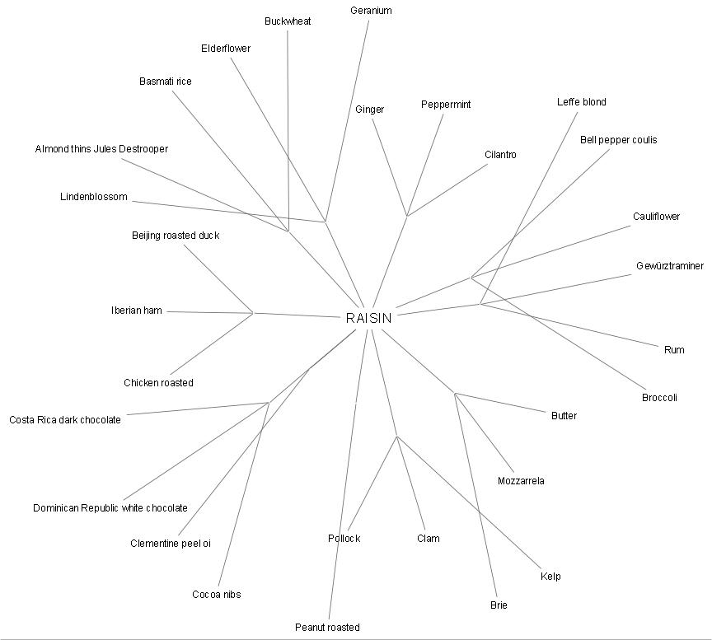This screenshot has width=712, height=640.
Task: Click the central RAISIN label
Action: [x=368, y=318]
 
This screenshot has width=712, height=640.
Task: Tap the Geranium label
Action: [x=371, y=11]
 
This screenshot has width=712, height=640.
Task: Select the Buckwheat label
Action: [x=288, y=21]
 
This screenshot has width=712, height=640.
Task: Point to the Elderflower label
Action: [x=226, y=49]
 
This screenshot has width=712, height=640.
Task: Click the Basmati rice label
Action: [x=165, y=82]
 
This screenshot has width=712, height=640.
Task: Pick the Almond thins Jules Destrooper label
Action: [x=101, y=149]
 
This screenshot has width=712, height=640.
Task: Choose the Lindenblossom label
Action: [x=94, y=197]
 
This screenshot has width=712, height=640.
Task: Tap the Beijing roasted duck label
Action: [x=176, y=236]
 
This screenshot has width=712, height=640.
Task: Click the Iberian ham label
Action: [x=137, y=311]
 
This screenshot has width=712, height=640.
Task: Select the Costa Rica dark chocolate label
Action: [x=65, y=420]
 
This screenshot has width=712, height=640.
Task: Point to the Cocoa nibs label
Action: [x=216, y=595]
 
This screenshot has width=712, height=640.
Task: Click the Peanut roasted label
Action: [x=327, y=628]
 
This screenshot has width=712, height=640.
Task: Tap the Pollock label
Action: [x=344, y=539]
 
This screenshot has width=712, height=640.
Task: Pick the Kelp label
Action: [x=550, y=577]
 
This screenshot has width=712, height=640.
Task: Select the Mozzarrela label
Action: [x=521, y=481]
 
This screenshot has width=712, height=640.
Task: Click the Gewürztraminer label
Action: [x=670, y=266]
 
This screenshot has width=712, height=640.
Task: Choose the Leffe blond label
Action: [x=581, y=102]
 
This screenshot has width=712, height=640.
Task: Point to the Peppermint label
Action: [x=446, y=105]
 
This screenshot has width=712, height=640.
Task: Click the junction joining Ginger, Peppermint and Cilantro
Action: [x=407, y=216]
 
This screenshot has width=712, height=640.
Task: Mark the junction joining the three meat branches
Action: [x=253, y=313]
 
